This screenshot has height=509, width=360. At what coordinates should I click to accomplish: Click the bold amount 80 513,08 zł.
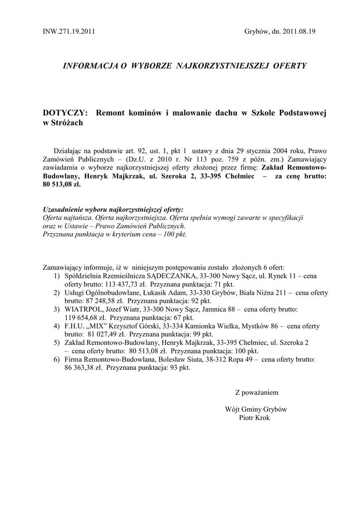(x=61, y=183)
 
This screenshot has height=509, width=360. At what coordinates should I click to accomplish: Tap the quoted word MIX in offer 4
(x=98, y=326)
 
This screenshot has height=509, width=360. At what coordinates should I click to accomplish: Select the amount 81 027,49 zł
(x=106, y=335)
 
